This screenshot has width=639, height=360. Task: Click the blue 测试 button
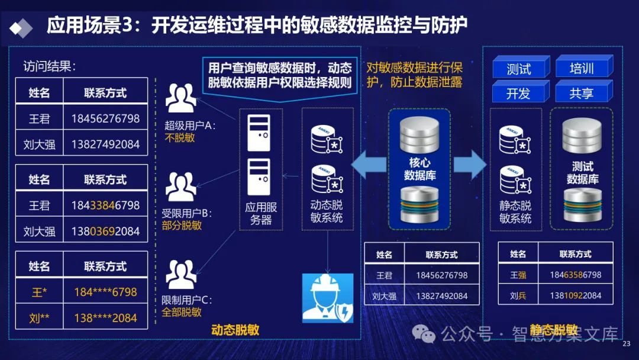pyautogui.click(x=518, y=68)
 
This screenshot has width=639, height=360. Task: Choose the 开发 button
pyautogui.click(x=518, y=93)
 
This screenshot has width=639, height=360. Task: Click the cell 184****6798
pyautogui.click(x=105, y=292)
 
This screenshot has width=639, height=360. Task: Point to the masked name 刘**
pyautogui.click(x=40, y=318)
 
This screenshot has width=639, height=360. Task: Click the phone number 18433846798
pyautogui.click(x=105, y=205)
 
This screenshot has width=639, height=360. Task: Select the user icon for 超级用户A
pyautogui.click(x=180, y=98)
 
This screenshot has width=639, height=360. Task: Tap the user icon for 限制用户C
pyautogui.click(x=180, y=274)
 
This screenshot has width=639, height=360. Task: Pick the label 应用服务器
pyautogui.click(x=261, y=214)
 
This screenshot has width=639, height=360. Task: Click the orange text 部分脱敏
pyautogui.click(x=182, y=226)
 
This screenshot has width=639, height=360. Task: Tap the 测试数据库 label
pyautogui.click(x=582, y=173)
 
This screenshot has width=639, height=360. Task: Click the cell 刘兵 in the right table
pyautogui.click(x=518, y=295)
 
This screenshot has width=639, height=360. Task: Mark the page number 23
pyautogui.click(x=627, y=343)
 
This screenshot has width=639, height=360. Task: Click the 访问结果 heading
pyautogui.click(x=50, y=66)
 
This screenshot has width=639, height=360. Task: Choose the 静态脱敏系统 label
pyautogui.click(x=515, y=212)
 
